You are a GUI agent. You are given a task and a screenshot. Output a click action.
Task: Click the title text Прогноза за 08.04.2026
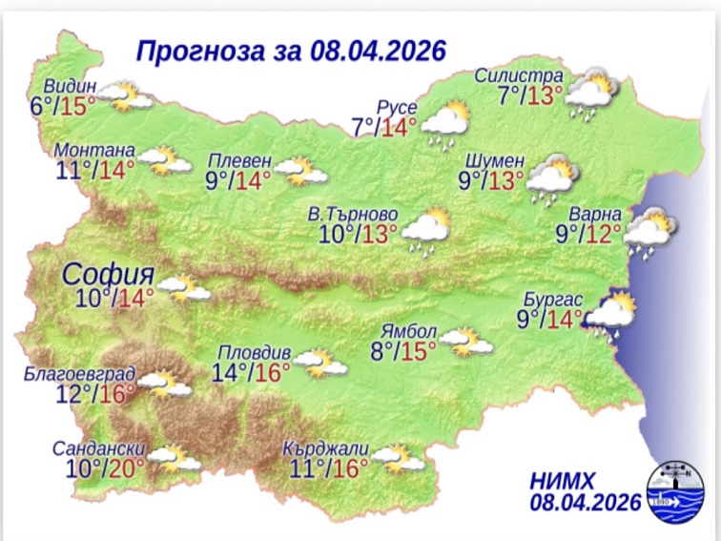pyautogui.click(x=291, y=50)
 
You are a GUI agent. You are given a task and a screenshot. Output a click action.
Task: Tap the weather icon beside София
pyautogui.click(x=184, y=287)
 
